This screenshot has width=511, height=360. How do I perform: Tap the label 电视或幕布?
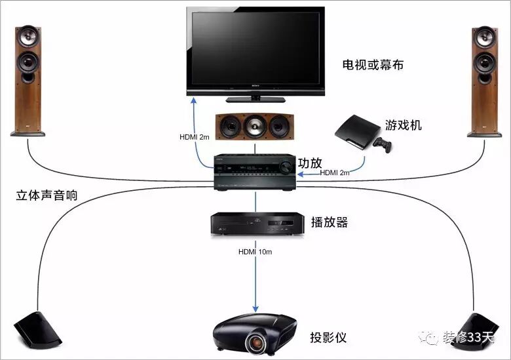373,65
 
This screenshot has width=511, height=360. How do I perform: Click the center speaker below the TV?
253,126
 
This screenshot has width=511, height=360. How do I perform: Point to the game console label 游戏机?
404,125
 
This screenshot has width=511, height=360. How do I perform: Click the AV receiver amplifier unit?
255,172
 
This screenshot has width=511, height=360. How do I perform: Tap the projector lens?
255,342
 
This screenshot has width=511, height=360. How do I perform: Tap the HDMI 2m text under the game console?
335,172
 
